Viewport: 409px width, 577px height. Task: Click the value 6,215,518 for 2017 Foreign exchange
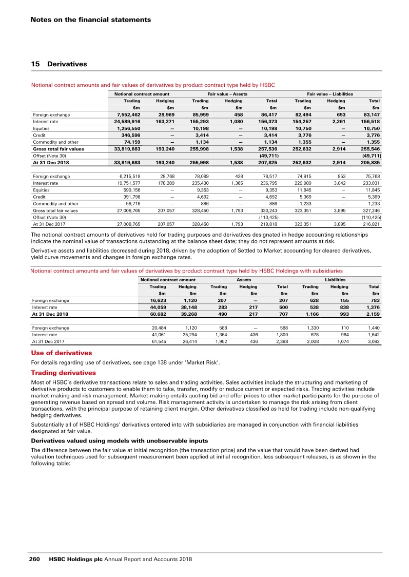tap(128, 176)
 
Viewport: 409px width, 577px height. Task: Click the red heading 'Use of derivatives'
tap(62, 353)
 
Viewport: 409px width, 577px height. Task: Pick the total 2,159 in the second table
tap(372, 314)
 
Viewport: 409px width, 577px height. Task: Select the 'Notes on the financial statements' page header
tap(90, 20)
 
